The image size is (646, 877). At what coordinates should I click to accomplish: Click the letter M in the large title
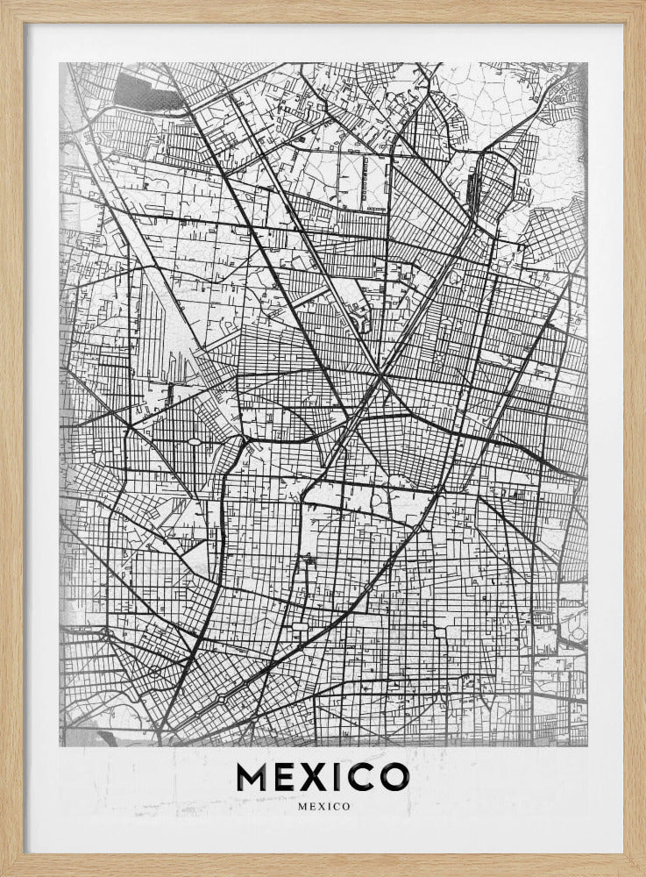254,776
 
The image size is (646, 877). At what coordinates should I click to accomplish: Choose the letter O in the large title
394,776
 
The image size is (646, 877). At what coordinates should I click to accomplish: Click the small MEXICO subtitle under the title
323,806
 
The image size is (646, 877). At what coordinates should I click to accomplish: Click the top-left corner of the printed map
60,63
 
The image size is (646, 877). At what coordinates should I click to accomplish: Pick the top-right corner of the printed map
587,63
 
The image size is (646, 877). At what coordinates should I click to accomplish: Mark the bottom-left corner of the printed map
60,745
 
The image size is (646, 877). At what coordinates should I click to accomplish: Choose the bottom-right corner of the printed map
587,745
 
